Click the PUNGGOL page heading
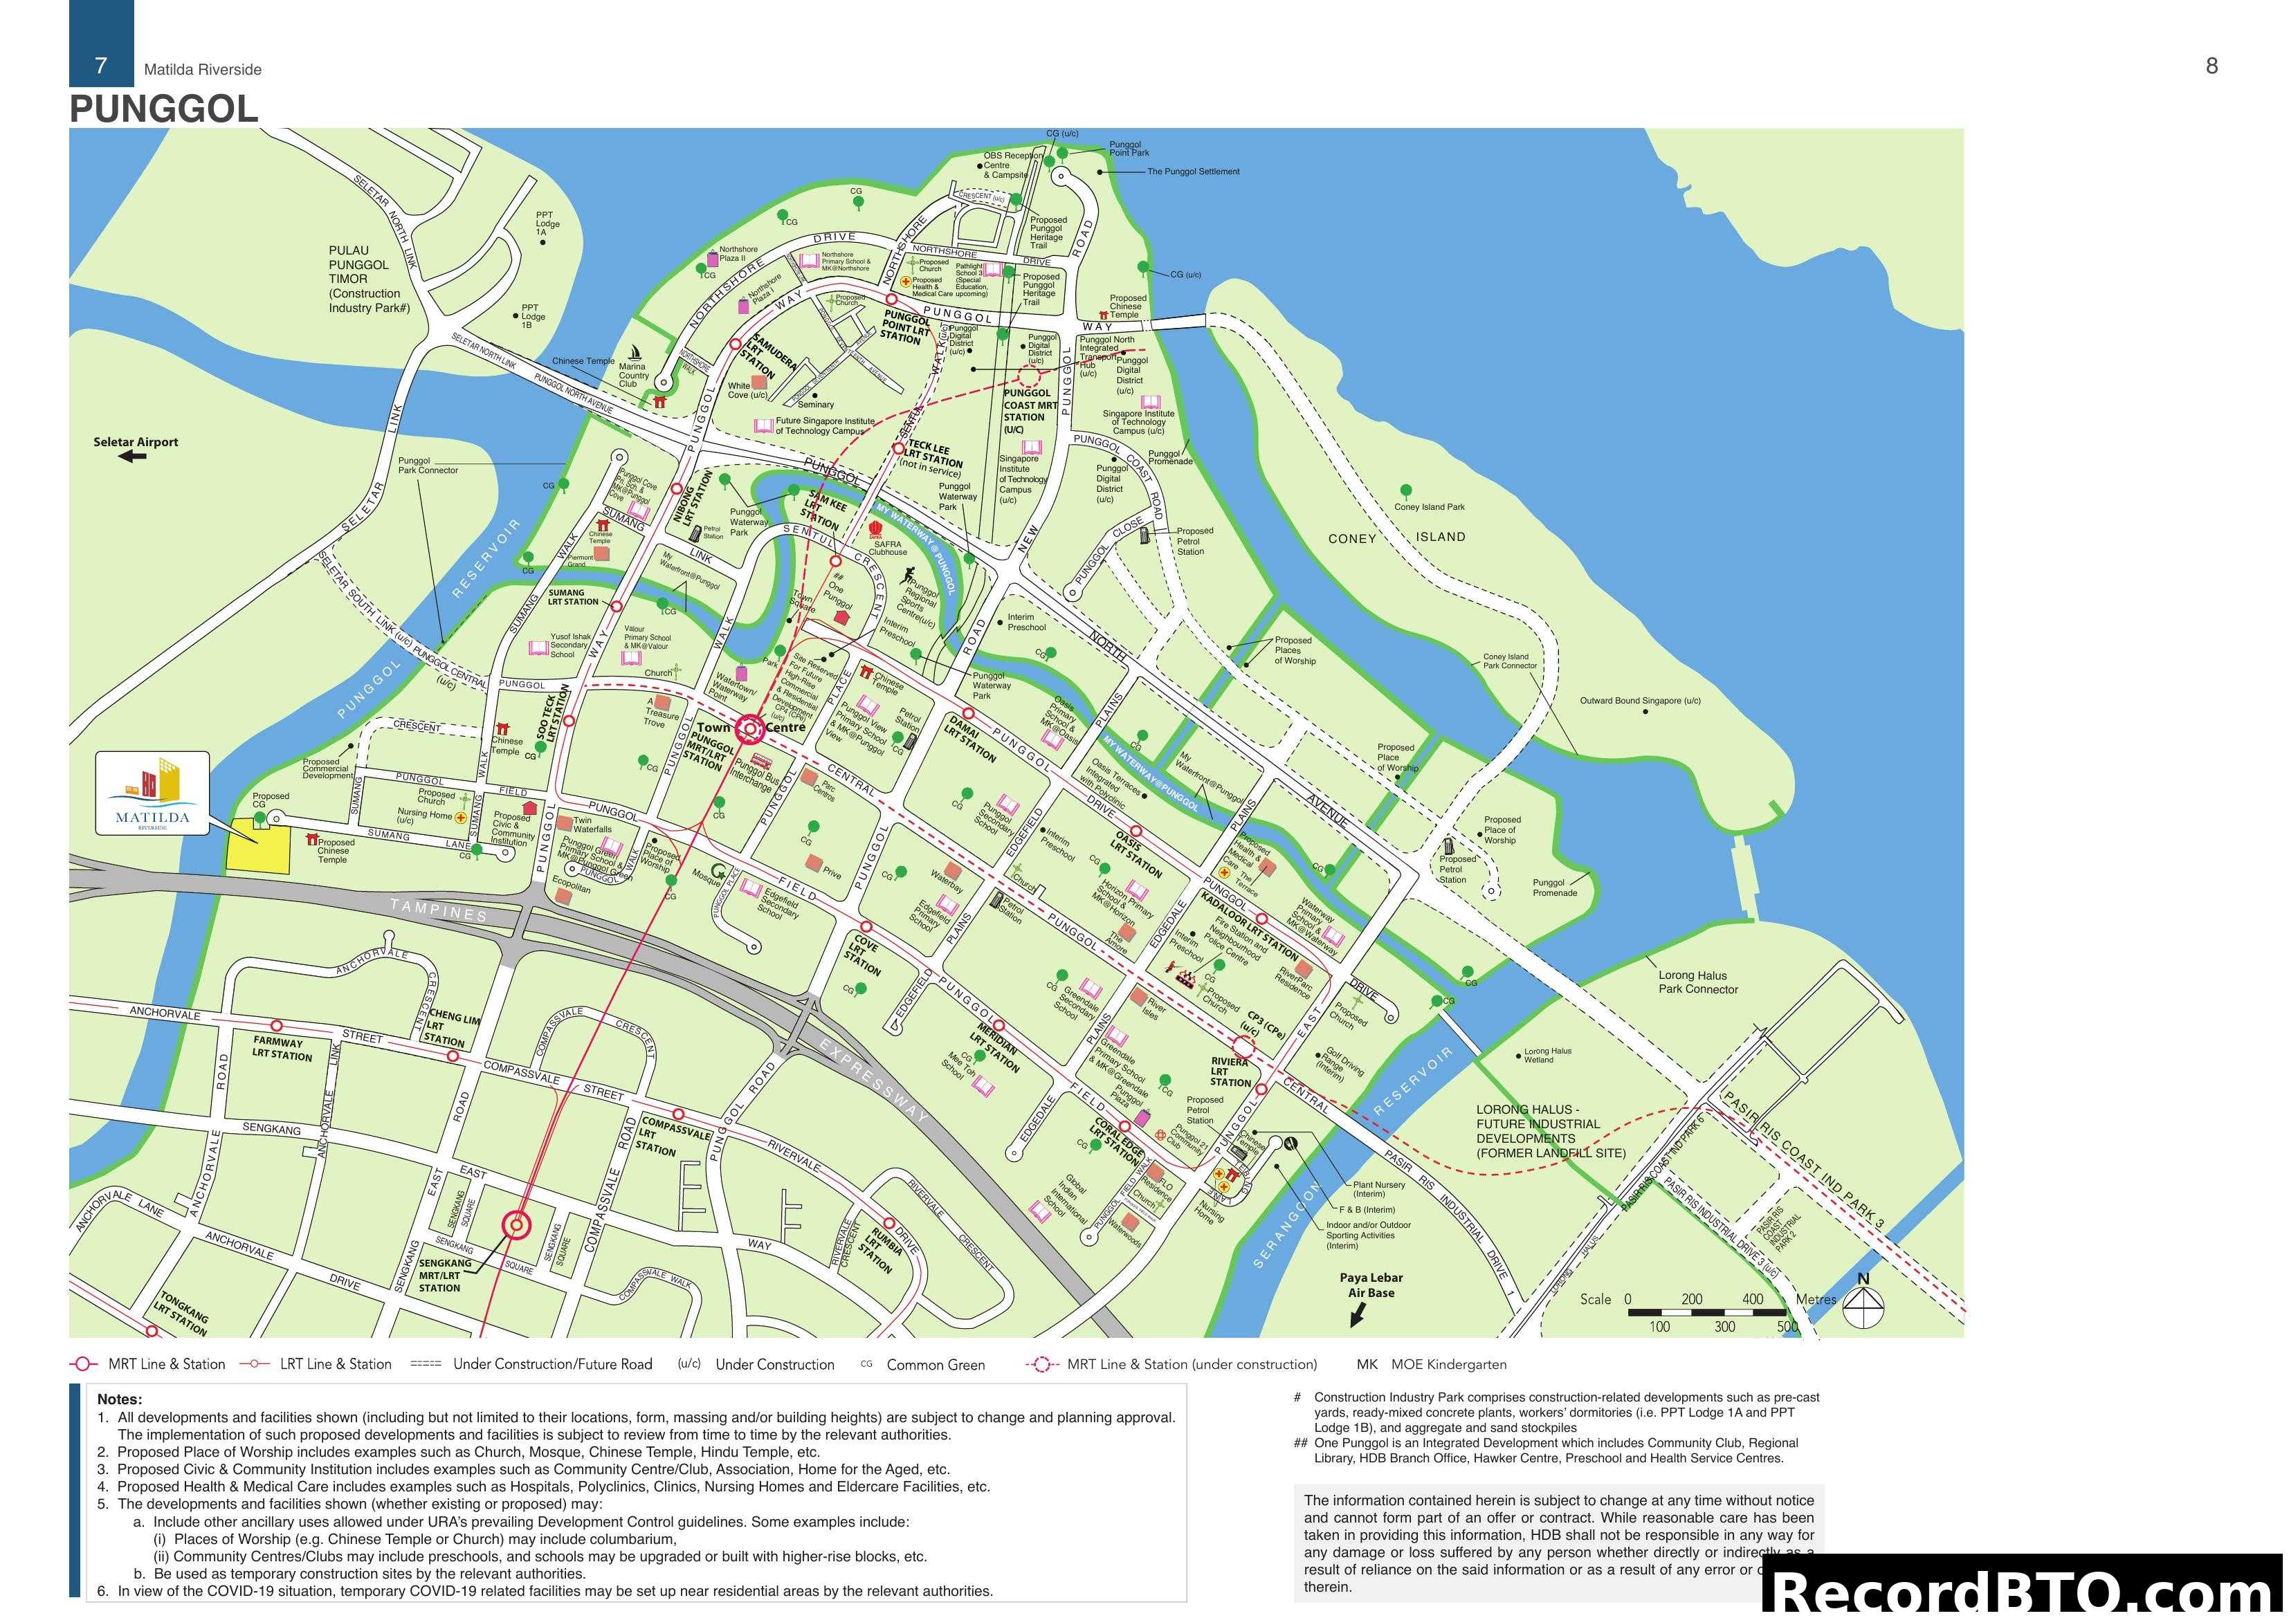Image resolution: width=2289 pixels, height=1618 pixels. click(x=163, y=108)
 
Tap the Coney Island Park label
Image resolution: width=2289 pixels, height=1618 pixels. click(x=1429, y=506)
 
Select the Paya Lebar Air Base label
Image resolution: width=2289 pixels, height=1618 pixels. click(x=1371, y=1285)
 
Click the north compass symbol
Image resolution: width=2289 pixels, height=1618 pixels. click(x=1862, y=1303)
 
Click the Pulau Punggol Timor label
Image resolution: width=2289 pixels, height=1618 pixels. click(x=368, y=279)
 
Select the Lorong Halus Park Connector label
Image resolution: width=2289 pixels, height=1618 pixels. click(x=1697, y=982)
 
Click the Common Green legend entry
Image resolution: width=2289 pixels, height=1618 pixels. click(x=934, y=1365)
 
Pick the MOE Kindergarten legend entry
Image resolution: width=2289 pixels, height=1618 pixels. click(x=1431, y=1365)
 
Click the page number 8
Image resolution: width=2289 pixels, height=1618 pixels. click(x=2212, y=66)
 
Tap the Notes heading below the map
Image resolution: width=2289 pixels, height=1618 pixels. click(x=120, y=1399)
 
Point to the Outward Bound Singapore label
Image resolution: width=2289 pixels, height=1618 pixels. click(x=1639, y=700)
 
